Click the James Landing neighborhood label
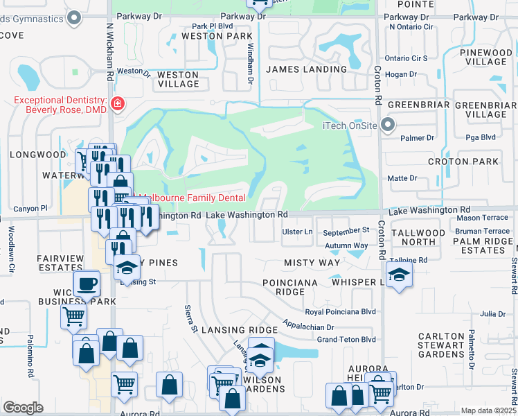[307, 69]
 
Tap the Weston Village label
[179, 79]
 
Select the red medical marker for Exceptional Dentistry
[118, 105]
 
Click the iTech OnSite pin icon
[388, 125]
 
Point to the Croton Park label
[473, 162]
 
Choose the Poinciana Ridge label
[290, 287]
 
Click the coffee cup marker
[88, 284]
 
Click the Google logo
[23, 407]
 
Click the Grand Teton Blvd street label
[346, 339]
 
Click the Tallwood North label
[418, 237]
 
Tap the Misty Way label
[312, 263]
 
